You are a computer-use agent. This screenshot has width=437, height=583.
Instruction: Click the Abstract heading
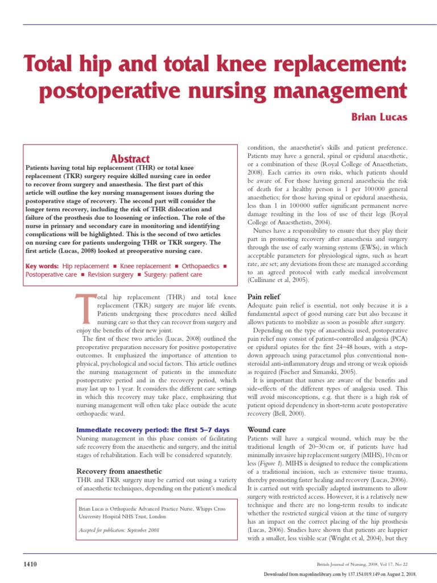[131, 159]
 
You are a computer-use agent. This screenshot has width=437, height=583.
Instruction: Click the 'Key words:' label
[42, 266]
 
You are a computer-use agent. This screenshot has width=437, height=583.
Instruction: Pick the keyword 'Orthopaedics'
[200, 266]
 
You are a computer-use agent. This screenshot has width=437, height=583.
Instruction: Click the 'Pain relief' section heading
[263, 297]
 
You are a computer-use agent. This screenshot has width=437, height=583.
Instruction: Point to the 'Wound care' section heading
[266, 429]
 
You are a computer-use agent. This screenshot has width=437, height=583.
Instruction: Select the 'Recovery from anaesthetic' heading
[119, 471]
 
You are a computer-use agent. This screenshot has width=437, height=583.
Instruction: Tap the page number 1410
[30, 564]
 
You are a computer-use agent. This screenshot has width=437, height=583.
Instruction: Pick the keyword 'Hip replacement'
[85, 266]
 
